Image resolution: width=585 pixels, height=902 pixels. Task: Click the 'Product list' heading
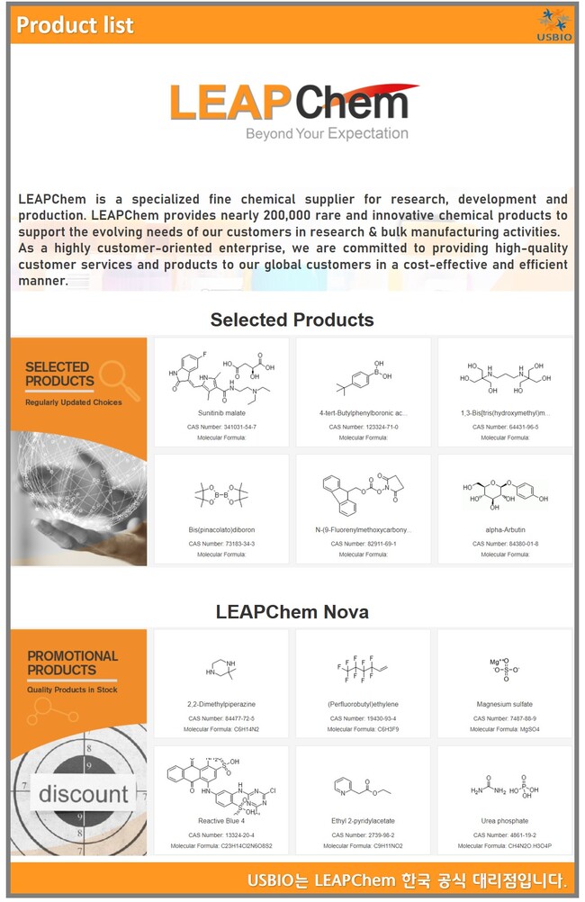pyautogui.click(x=76, y=25)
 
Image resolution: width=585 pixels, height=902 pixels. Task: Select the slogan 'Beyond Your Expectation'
pyautogui.click(x=327, y=133)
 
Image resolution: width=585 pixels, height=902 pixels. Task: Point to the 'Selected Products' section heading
pyautogui.click(x=292, y=320)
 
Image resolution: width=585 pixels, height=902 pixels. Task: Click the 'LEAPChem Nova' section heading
pyautogui.click(x=292, y=612)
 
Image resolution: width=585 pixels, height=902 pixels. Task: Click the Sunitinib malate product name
pyautogui.click(x=221, y=413)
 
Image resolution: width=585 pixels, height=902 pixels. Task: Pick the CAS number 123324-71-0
pyautogui.click(x=364, y=426)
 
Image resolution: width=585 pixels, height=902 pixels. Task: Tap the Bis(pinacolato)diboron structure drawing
pyautogui.click(x=221, y=494)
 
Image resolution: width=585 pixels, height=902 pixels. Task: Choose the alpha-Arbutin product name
pyautogui.click(x=505, y=530)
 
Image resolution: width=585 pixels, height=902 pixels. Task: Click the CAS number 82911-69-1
pyautogui.click(x=364, y=543)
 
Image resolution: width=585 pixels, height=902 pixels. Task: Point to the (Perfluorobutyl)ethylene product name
pyautogui.click(x=364, y=704)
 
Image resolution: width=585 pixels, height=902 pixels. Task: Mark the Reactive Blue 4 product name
pyautogui.click(x=221, y=821)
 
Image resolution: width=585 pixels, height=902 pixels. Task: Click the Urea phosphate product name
pyautogui.click(x=505, y=821)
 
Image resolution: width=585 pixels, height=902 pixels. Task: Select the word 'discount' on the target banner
pyautogui.click(x=83, y=794)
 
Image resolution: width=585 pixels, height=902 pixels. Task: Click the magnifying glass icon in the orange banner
pyautogui.click(x=118, y=379)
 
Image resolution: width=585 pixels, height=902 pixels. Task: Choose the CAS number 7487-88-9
pyautogui.click(x=505, y=717)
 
